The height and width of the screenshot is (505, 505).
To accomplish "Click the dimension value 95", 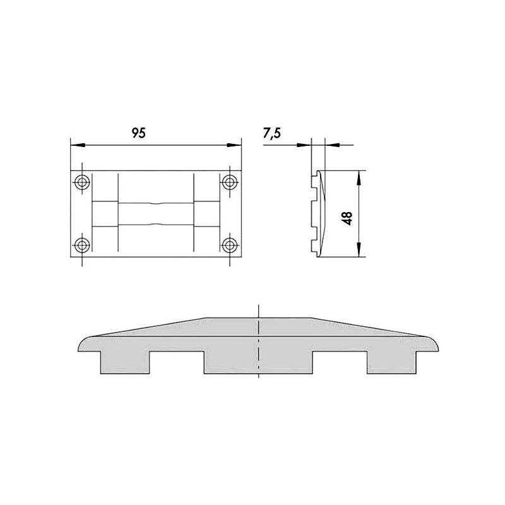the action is (139, 133).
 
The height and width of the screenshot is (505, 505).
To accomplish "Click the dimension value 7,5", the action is (272, 133).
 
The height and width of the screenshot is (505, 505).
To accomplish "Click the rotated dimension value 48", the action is (347, 218).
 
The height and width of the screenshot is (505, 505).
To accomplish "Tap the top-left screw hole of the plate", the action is (82, 182).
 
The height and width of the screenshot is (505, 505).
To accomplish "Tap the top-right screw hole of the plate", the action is (230, 182).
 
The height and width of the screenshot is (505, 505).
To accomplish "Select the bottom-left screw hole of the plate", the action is (82, 246).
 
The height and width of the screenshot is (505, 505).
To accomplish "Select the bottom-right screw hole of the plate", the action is (230, 246).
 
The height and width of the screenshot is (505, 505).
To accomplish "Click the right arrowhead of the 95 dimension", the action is (234, 145).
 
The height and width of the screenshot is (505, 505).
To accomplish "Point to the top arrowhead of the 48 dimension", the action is (359, 177).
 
